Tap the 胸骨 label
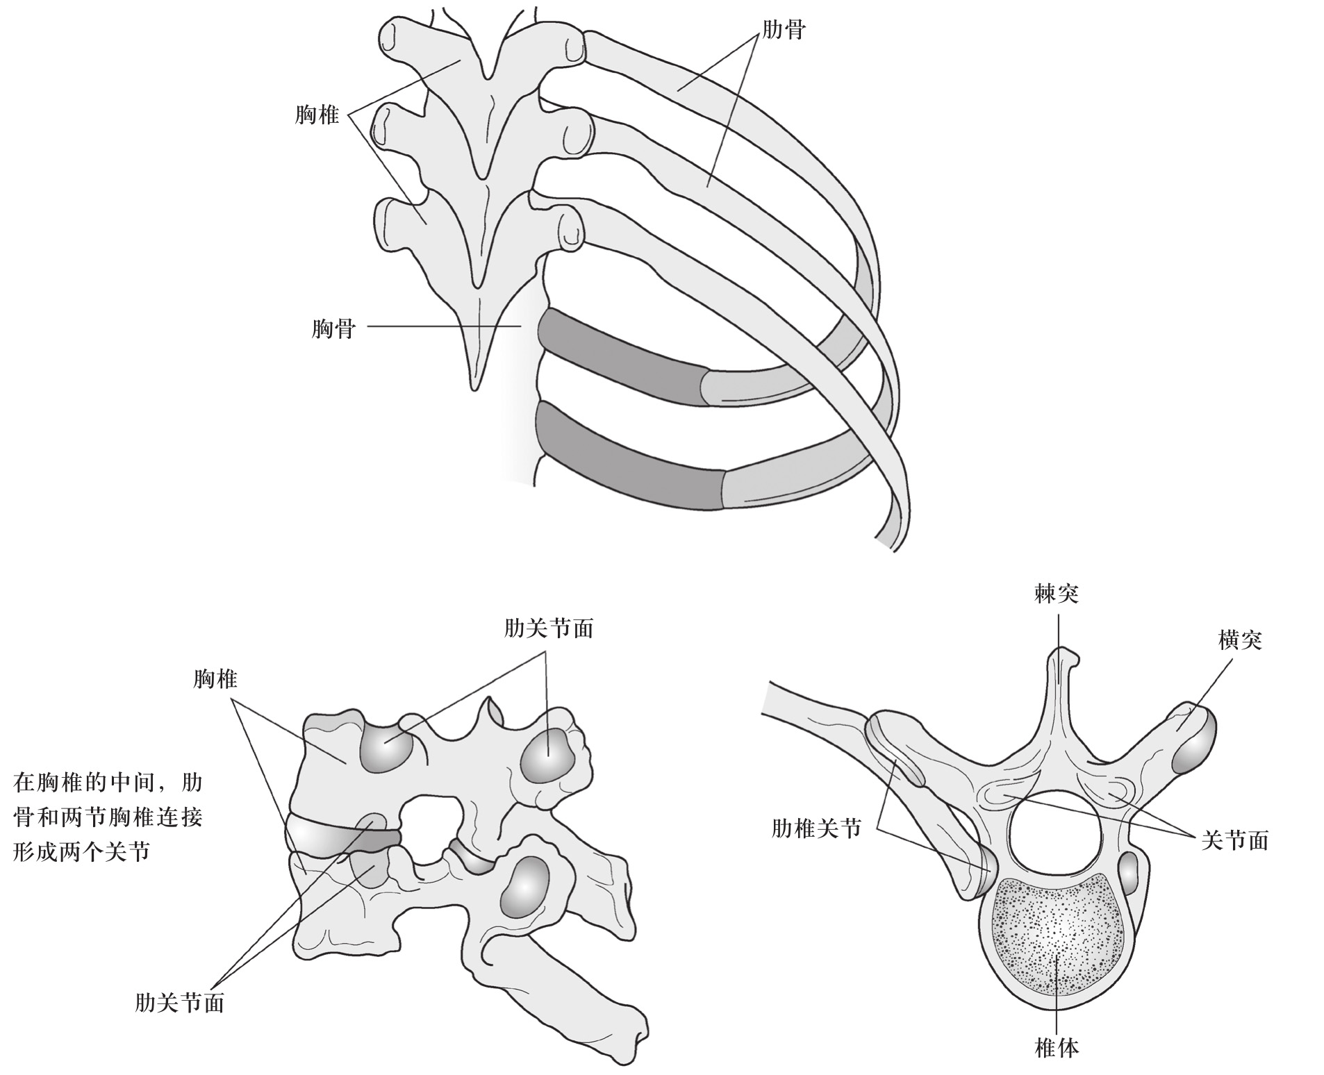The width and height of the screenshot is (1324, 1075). (333, 328)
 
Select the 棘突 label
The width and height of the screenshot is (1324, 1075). (1056, 594)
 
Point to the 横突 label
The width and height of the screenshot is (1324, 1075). (1240, 640)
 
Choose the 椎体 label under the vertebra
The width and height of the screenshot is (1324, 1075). (1057, 1048)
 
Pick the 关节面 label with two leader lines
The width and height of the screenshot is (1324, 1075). (1235, 841)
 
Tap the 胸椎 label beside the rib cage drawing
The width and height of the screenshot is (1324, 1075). (317, 115)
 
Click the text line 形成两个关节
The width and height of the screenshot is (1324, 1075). (82, 851)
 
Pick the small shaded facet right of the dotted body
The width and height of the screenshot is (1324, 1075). (1129, 874)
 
